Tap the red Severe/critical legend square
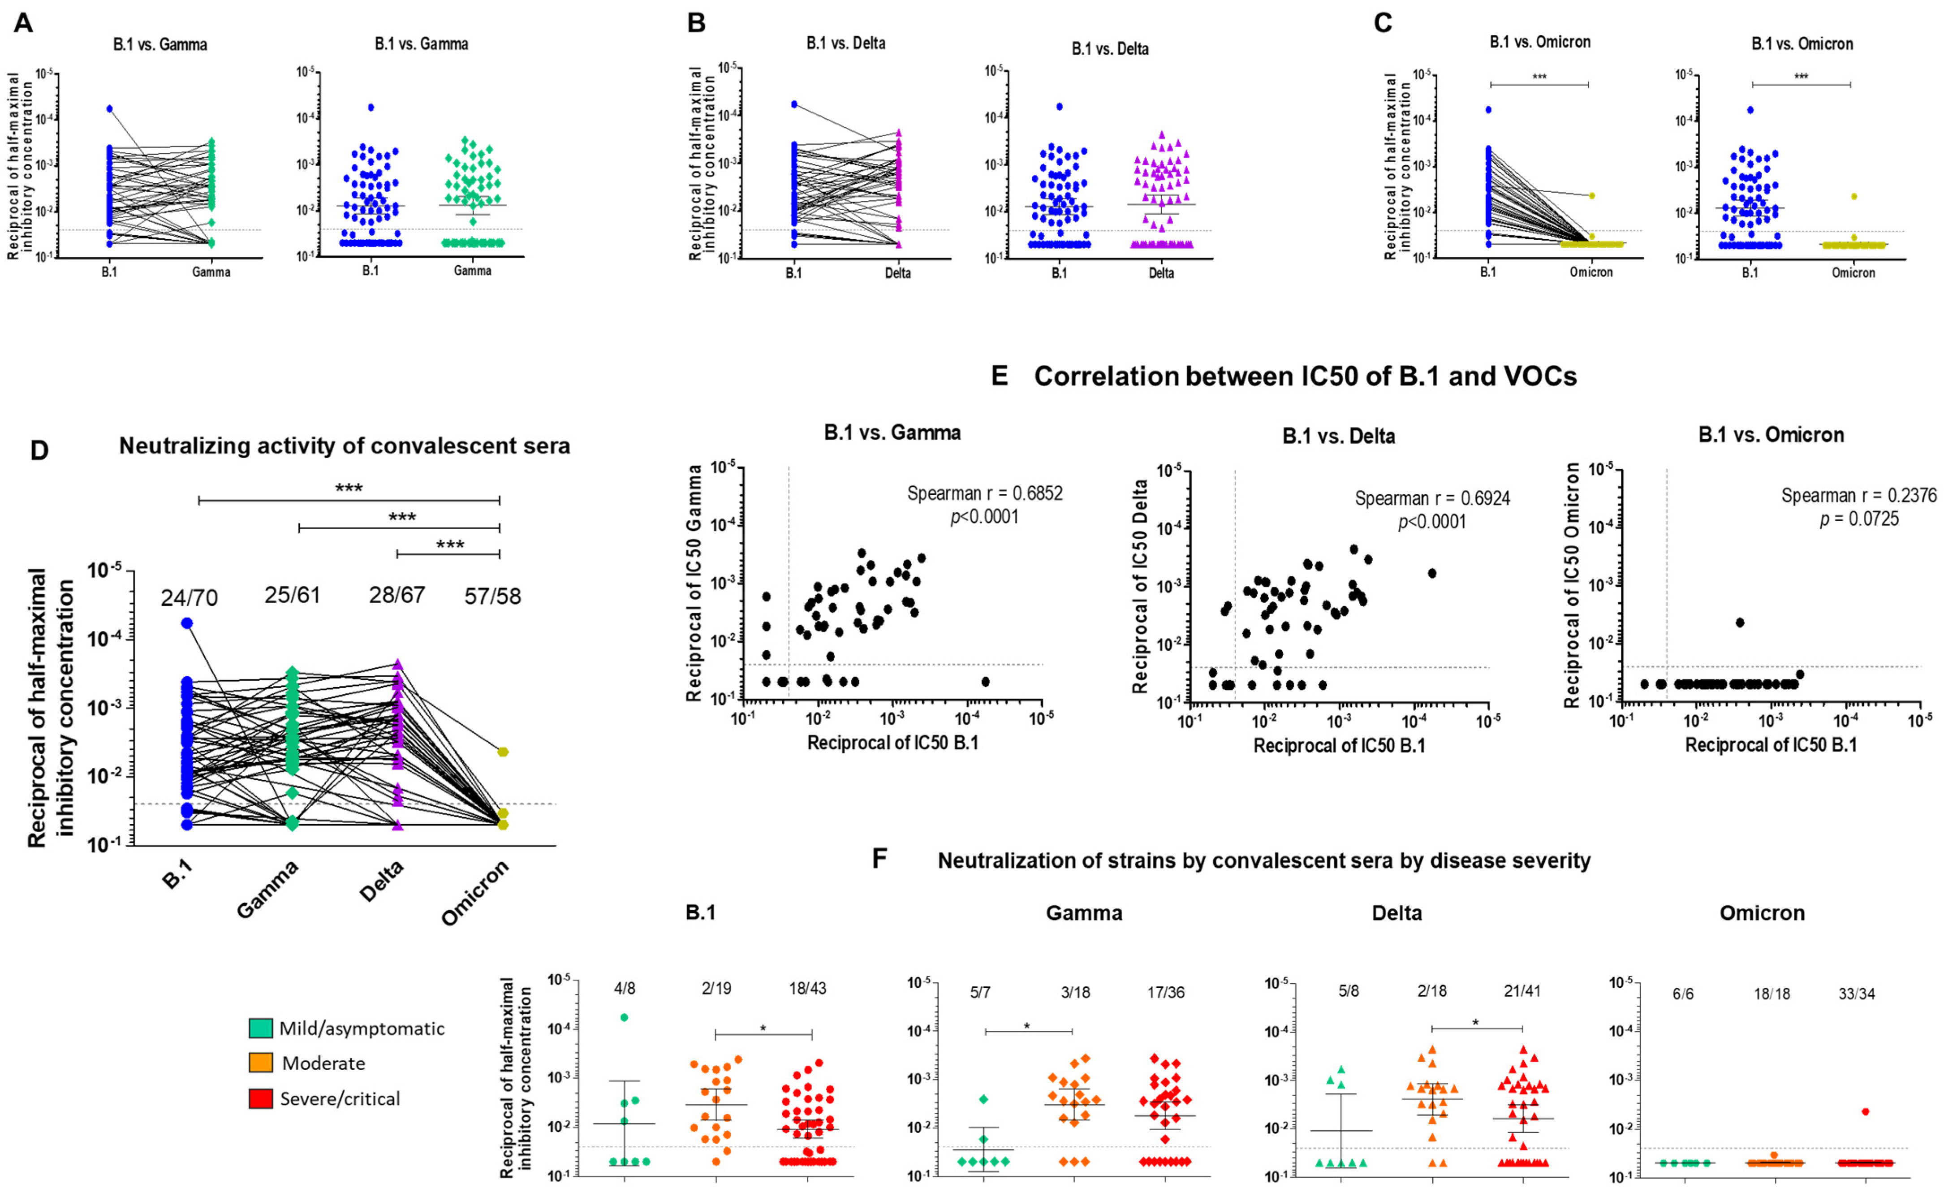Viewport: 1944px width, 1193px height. pyautogui.click(x=260, y=1098)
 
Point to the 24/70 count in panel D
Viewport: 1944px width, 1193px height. pyautogui.click(x=190, y=598)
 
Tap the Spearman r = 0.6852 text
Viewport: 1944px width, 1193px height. pyautogui.click(x=985, y=494)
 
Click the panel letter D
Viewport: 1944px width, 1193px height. pyautogui.click(x=39, y=450)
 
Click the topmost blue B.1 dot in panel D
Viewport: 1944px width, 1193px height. pyautogui.click(x=187, y=623)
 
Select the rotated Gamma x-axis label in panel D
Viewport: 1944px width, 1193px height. pyautogui.click(x=269, y=889)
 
